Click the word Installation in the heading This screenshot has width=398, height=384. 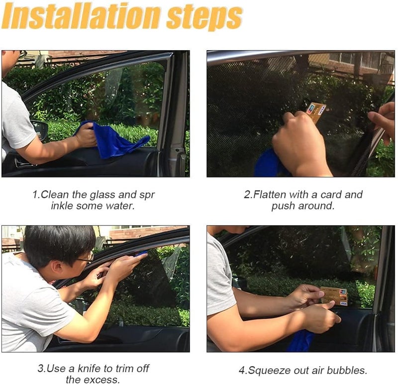[81, 16]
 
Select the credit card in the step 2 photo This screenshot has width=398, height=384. [315, 112]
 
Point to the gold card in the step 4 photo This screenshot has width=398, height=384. [334, 295]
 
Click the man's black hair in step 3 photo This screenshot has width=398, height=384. [58, 244]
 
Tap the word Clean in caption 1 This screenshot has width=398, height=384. [55, 194]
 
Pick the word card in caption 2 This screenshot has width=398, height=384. [331, 194]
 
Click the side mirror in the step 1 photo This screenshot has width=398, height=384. [41, 130]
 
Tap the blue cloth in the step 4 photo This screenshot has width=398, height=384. [301, 341]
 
